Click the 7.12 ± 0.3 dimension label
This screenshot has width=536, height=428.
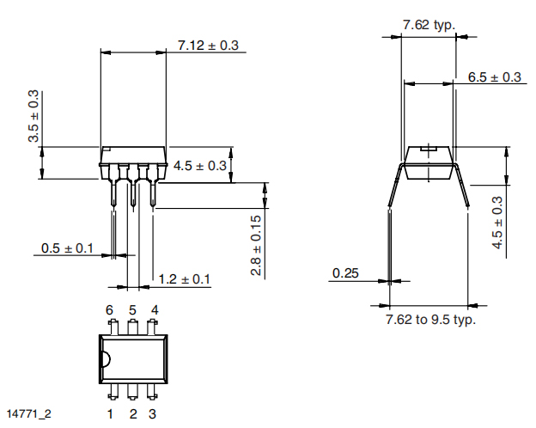click(x=208, y=46)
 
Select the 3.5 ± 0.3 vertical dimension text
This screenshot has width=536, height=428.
click(x=33, y=116)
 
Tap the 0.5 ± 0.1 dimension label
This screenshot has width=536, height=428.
click(x=67, y=248)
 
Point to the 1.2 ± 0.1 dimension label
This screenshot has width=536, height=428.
click(x=184, y=279)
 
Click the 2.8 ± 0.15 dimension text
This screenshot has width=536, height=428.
click(x=256, y=245)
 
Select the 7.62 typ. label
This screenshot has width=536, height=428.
click(x=429, y=25)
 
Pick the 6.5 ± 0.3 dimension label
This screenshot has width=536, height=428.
click(x=494, y=77)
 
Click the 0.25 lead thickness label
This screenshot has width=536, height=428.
click(x=345, y=273)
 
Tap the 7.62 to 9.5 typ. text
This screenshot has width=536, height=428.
click(x=430, y=320)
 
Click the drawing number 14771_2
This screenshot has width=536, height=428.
click(x=29, y=413)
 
